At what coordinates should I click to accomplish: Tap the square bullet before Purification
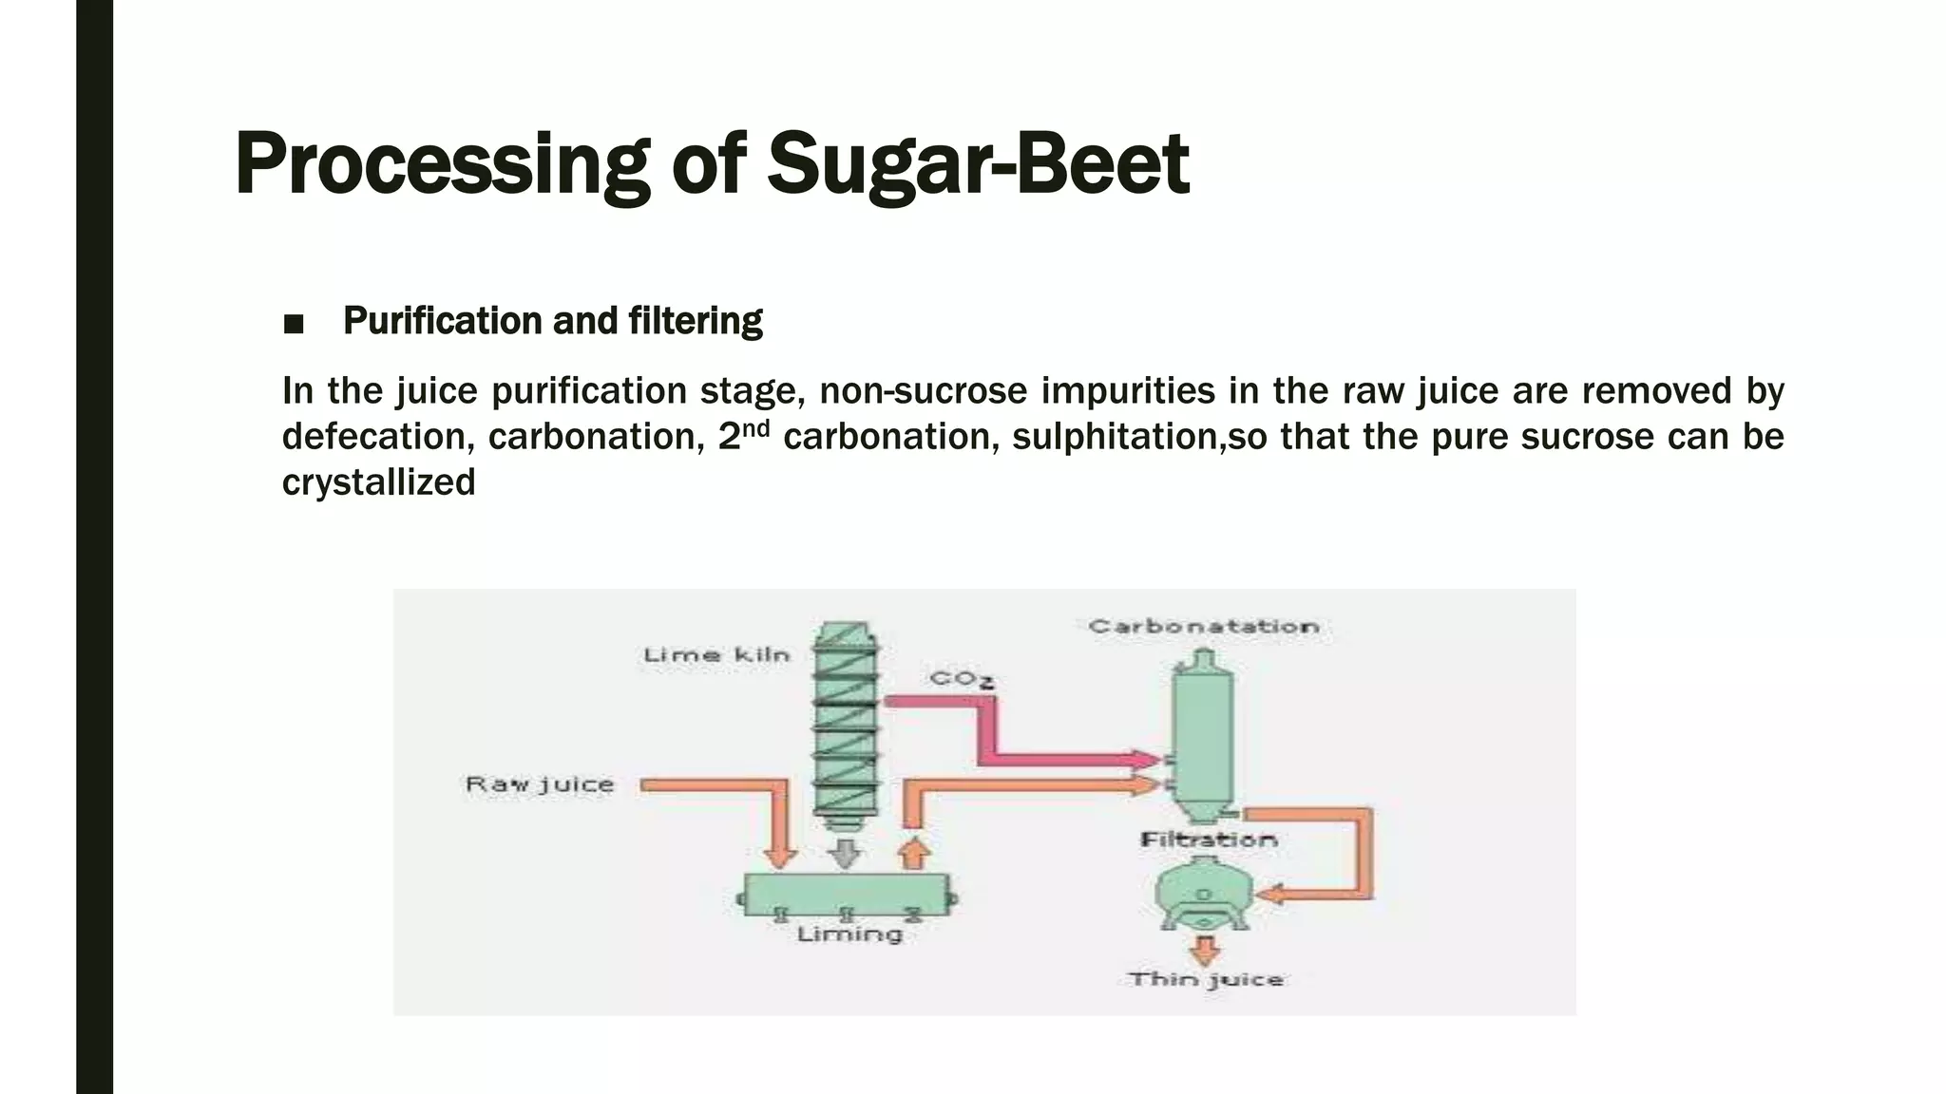[x=294, y=325]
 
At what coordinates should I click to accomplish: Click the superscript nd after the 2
[x=755, y=427]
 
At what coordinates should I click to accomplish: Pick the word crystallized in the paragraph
[x=378, y=482]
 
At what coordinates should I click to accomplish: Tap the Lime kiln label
[x=716, y=655]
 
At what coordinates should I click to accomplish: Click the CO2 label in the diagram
[x=961, y=679]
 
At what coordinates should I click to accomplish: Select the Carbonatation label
[x=1203, y=627]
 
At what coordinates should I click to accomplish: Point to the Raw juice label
[x=539, y=784]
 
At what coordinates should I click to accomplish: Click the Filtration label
[x=1208, y=839]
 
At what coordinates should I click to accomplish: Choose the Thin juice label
[x=1205, y=979]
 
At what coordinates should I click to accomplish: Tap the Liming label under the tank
[x=849, y=934]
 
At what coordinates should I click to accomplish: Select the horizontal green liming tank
[x=846, y=893]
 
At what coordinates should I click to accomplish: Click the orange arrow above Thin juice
[x=1205, y=949]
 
